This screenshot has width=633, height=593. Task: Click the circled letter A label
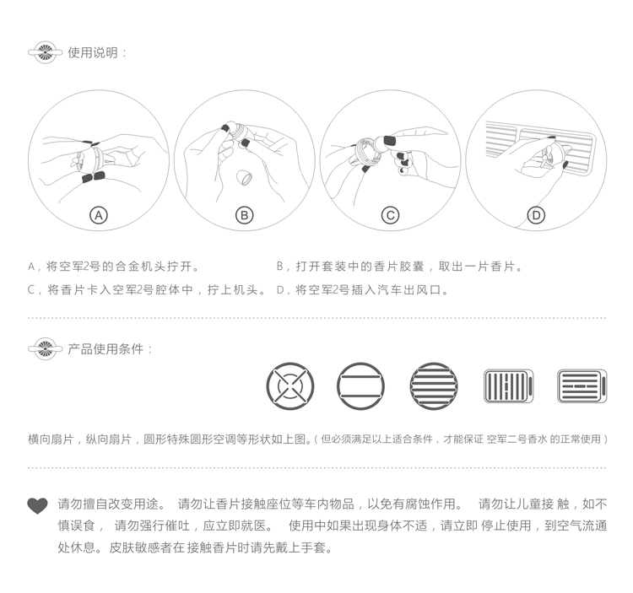click(99, 215)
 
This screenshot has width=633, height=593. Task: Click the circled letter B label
click(245, 215)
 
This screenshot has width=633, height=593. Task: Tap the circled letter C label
click(390, 215)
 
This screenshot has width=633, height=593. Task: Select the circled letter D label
click(536, 215)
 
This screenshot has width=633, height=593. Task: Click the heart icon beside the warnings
click(38, 506)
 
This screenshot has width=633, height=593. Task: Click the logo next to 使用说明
click(45, 52)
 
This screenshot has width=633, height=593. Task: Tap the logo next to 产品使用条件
click(45, 348)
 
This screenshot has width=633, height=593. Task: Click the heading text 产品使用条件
click(106, 348)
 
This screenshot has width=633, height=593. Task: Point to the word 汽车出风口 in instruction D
click(411, 290)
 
